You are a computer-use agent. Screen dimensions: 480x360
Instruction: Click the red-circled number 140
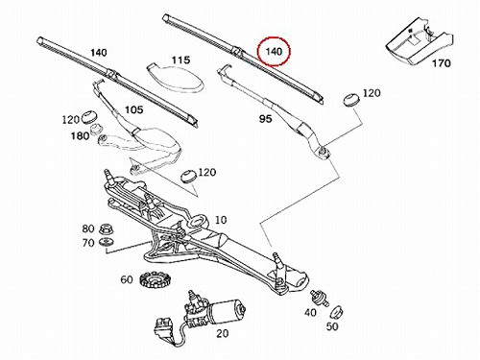(x=274, y=51)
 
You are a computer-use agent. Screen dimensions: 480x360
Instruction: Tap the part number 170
(x=442, y=63)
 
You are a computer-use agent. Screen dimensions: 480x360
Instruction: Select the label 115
(x=180, y=60)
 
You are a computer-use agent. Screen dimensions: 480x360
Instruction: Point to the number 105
(x=133, y=109)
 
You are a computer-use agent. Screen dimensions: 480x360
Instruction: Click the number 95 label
(x=266, y=119)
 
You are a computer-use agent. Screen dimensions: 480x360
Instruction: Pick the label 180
(x=80, y=135)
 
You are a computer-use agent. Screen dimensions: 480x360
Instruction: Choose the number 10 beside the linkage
(x=221, y=220)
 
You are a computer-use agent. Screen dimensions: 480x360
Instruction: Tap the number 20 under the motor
(x=223, y=333)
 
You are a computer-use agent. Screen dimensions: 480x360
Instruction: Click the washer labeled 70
(x=107, y=242)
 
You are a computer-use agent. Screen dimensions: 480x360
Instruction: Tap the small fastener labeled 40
(x=319, y=298)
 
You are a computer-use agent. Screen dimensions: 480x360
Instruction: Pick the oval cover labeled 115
(x=176, y=78)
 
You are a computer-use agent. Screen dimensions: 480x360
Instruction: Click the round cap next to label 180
(x=96, y=129)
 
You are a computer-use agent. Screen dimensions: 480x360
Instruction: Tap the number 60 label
(x=127, y=279)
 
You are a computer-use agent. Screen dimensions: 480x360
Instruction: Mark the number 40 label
(x=310, y=312)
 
